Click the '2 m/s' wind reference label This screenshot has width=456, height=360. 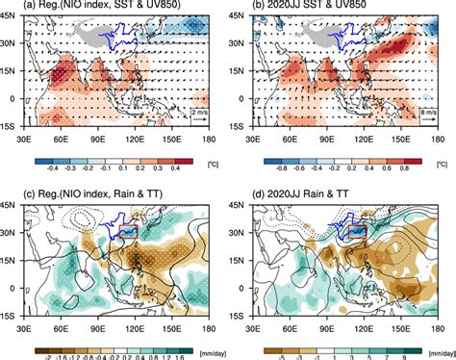(199, 114)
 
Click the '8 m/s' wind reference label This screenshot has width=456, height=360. (428, 114)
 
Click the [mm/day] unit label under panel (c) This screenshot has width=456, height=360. (209, 352)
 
